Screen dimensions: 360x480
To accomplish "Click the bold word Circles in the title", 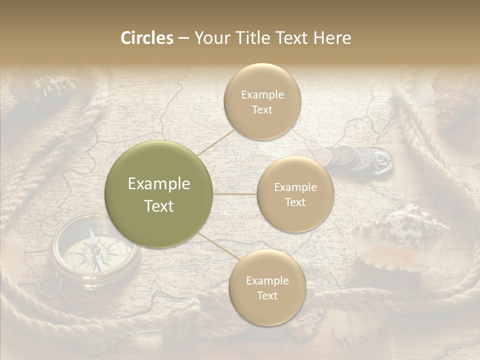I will click(x=146, y=38).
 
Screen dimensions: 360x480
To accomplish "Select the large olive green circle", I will click(x=159, y=194).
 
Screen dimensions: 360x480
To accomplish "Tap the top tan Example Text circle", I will click(x=262, y=102).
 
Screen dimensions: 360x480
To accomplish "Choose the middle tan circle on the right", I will click(x=295, y=194).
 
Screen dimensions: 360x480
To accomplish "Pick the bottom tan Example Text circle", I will click(x=267, y=288).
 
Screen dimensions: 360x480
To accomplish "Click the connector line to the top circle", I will click(x=216, y=141).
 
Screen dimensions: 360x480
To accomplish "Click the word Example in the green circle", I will click(x=159, y=184).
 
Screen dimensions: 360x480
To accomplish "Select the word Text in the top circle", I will click(x=262, y=110).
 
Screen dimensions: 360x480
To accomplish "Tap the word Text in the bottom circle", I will click(x=267, y=295).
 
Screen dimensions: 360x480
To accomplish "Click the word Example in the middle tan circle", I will click(x=295, y=187).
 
